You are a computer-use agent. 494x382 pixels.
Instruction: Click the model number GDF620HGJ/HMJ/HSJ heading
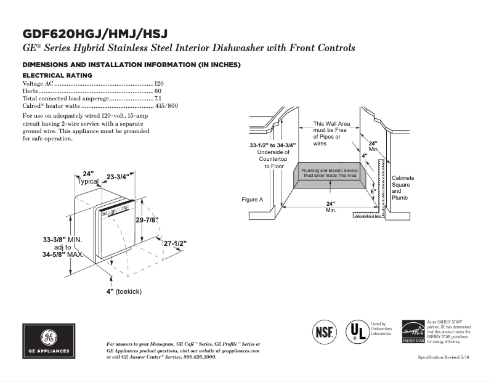pos(95,33)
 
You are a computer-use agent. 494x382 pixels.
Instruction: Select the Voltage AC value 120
pos(159,83)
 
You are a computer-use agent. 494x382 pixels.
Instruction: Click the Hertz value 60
pos(158,91)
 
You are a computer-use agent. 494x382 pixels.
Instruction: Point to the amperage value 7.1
pos(158,99)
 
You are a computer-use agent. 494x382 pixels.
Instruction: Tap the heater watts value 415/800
pos(167,106)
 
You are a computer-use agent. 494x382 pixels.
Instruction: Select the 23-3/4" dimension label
pos(118,177)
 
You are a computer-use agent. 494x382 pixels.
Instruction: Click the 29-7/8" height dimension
pos(147,220)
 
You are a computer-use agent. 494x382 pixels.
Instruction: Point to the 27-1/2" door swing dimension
pos(175,243)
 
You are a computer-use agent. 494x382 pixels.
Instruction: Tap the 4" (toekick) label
pos(124,291)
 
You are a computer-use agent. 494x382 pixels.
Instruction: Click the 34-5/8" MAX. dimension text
pos(63,254)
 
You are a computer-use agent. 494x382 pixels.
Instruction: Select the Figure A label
pos(253,200)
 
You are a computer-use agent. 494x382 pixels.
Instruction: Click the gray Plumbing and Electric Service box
pos(330,173)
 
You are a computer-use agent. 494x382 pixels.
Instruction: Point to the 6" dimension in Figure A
pos(373,192)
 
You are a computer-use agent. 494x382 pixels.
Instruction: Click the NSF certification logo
pos(325,331)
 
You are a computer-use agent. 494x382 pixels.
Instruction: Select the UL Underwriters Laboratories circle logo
pos(355,330)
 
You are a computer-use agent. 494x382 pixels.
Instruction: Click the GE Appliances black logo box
pos(48,343)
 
